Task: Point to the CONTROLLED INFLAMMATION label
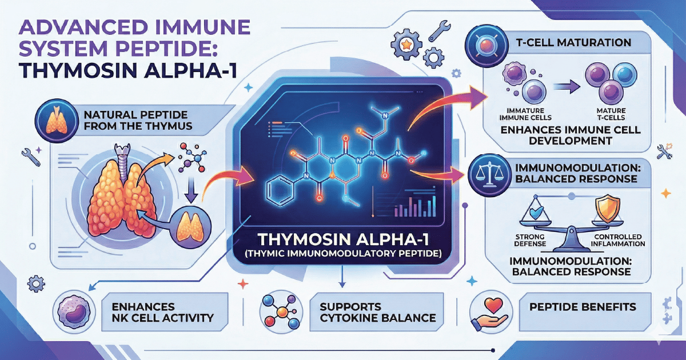tap(617, 240)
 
